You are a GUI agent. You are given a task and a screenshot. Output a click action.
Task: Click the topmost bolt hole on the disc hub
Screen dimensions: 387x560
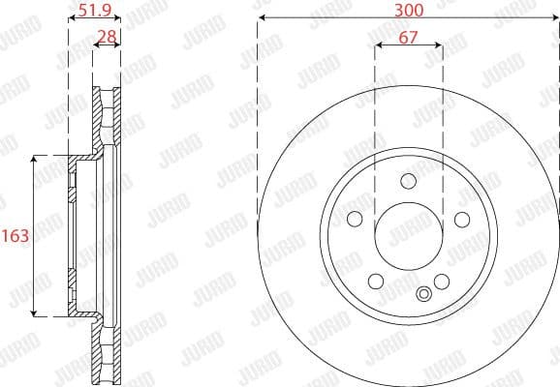point(408,180)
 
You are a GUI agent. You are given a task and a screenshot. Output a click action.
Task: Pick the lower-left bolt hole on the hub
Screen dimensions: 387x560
point(376,281)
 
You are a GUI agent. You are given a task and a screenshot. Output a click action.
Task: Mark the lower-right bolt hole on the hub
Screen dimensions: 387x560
point(441,281)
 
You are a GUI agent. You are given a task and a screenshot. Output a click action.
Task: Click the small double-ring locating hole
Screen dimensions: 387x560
point(422,295)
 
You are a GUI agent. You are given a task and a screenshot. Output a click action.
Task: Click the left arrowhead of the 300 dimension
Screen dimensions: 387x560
point(262,19)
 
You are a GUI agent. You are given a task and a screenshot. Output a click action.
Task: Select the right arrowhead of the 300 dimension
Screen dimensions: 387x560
point(555,19)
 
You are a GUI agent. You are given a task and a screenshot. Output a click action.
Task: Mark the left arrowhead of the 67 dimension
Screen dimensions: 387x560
point(378,45)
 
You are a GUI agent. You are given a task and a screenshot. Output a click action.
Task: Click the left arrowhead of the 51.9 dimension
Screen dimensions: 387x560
point(71,19)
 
